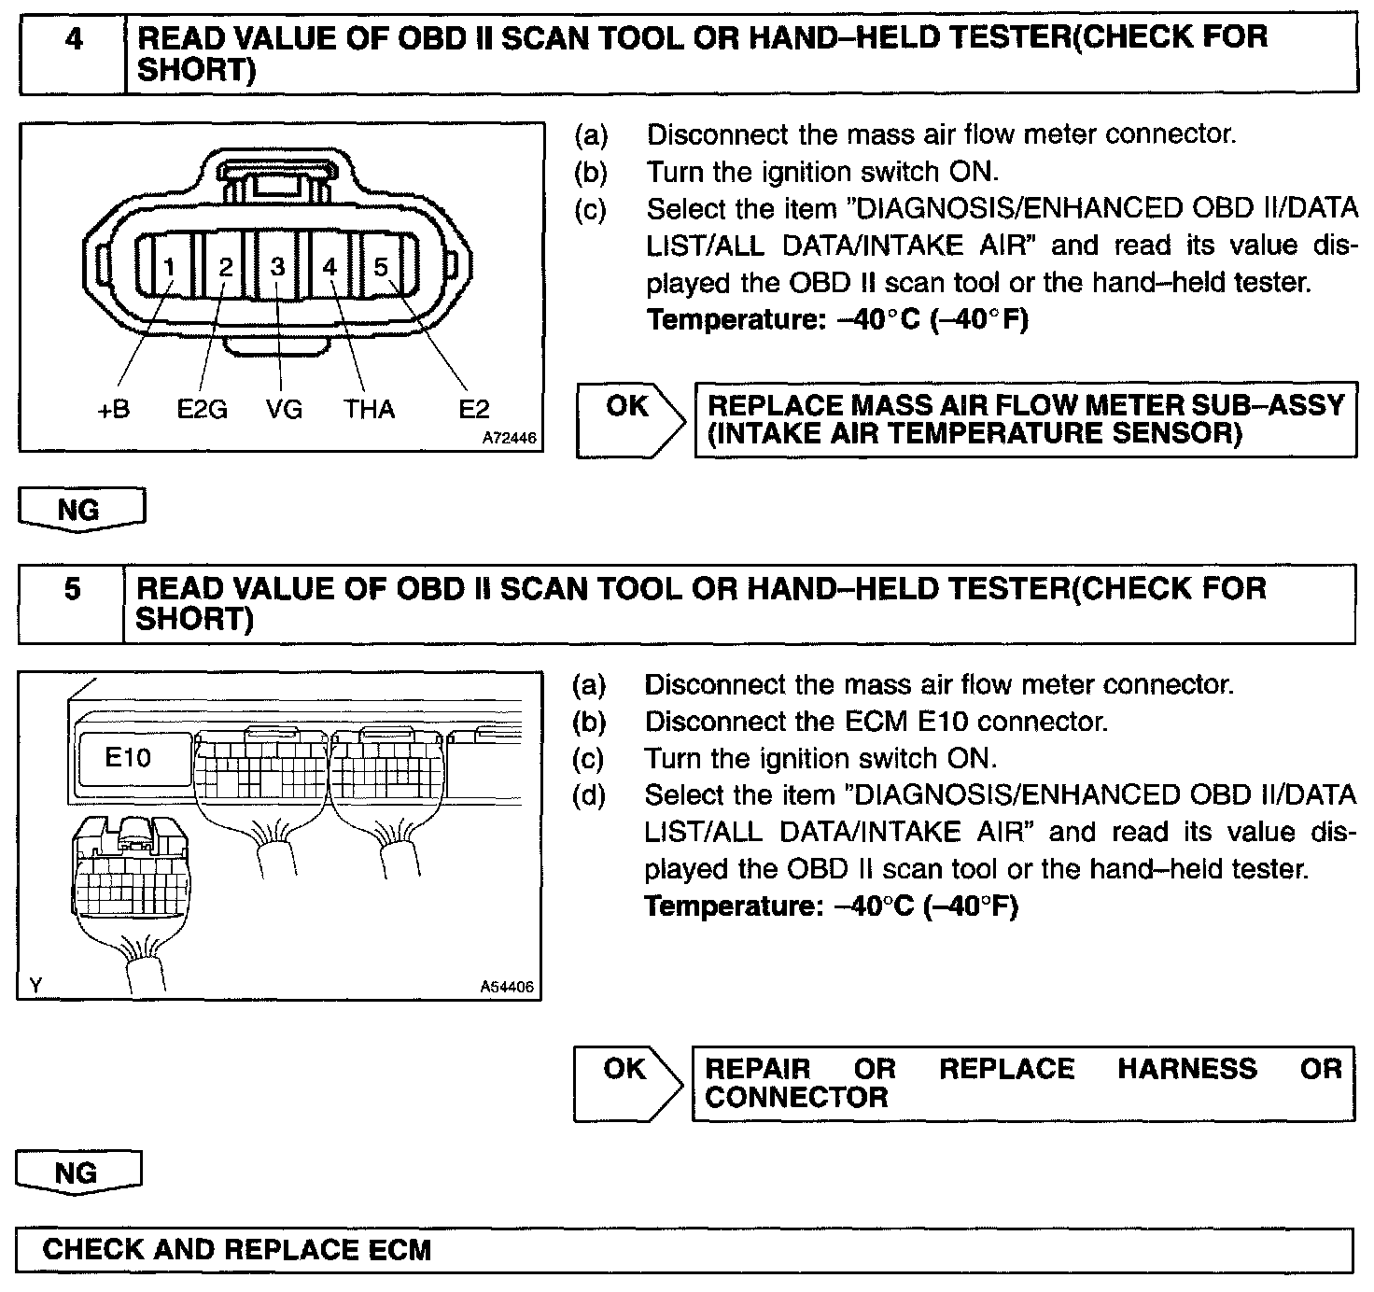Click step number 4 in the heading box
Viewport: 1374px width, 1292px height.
73,40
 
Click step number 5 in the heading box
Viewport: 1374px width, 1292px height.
73,590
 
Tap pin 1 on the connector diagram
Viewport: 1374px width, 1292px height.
169,268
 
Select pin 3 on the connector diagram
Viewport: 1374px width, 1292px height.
277,267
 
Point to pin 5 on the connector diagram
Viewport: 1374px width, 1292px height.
381,267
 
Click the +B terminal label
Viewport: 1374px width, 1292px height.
114,409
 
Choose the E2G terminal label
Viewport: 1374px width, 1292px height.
202,409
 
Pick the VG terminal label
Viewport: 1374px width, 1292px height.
283,409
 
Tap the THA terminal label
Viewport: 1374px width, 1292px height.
369,409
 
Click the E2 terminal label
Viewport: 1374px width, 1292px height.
474,409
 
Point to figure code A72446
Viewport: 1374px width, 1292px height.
510,437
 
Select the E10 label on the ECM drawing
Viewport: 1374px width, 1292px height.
128,757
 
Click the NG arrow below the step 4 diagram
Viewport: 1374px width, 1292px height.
79,510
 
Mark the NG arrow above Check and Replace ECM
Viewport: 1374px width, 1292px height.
77,1173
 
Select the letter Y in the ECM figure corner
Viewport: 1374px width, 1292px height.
35,985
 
